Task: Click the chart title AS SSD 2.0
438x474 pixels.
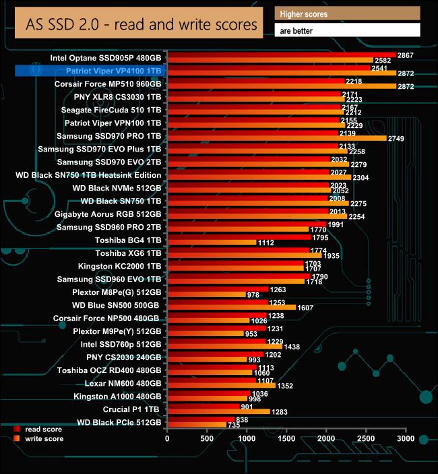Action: coord(141,25)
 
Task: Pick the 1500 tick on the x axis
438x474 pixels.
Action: coord(286,438)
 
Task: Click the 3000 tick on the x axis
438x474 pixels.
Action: coord(406,438)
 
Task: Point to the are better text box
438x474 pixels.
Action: coord(347,30)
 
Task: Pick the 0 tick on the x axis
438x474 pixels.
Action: coord(167,438)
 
